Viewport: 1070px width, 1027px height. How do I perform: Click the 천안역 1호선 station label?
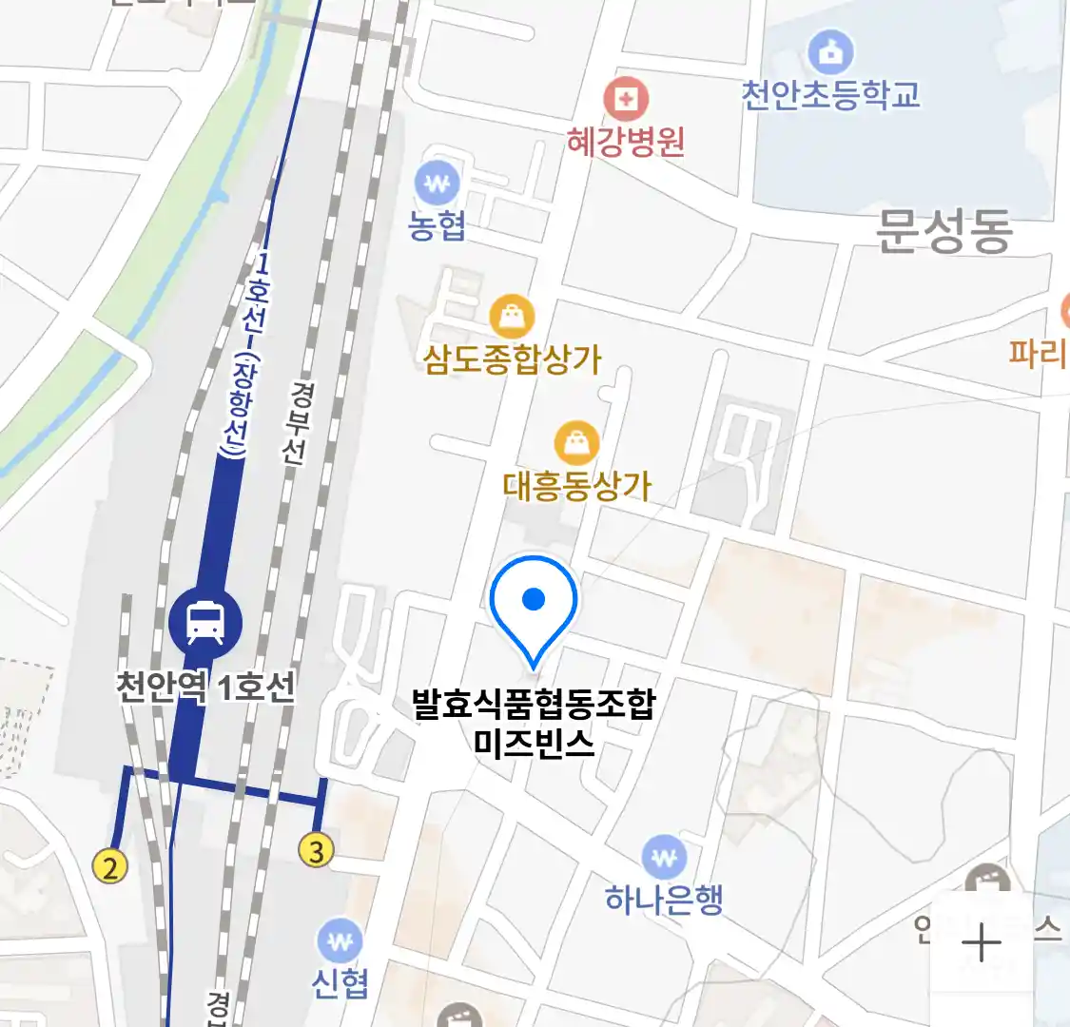point(205,686)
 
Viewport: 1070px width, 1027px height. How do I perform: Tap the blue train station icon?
point(205,624)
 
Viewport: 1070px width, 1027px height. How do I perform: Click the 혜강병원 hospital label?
point(626,142)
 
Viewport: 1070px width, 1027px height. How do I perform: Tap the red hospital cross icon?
point(626,99)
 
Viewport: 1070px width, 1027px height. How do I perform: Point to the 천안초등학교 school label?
point(830,95)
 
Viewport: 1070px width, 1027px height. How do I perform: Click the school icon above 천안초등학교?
point(830,52)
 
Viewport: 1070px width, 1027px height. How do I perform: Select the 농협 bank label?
point(437,225)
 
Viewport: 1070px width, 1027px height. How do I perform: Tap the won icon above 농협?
point(437,184)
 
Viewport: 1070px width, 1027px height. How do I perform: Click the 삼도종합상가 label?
point(513,359)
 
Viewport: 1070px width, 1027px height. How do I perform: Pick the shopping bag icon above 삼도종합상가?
point(512,316)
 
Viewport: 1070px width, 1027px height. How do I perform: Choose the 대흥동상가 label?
point(577,486)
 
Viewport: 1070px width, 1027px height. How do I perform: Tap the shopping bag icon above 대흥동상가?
point(576,443)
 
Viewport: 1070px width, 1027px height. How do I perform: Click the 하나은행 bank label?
point(664,899)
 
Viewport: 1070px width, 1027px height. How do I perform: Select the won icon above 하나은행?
point(664,858)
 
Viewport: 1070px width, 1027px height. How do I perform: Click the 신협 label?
point(340,983)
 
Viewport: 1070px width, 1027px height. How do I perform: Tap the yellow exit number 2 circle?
point(110,866)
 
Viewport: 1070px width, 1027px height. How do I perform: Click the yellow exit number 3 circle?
point(317,850)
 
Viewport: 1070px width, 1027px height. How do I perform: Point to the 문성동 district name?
point(944,231)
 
